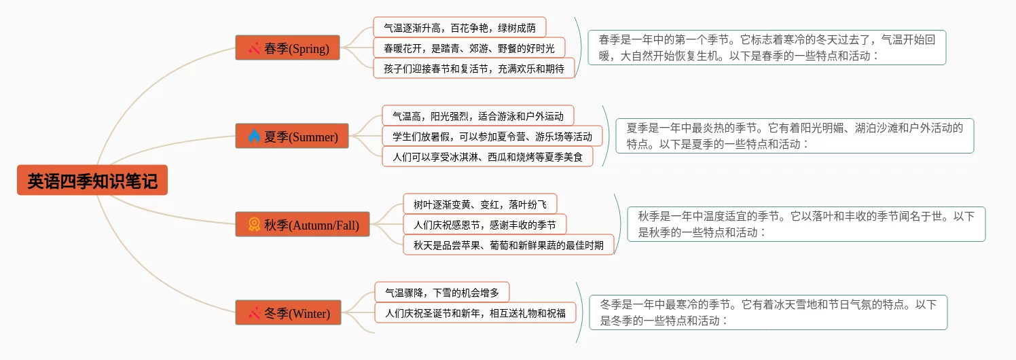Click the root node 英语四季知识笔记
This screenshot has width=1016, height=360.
92,181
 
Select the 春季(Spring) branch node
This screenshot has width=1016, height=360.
287,48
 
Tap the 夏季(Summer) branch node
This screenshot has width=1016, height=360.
292,137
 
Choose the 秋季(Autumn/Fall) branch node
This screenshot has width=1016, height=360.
302,224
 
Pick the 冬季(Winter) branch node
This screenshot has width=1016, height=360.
288,313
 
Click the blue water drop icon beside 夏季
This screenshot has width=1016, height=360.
254,137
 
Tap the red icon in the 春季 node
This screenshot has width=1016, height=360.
254,48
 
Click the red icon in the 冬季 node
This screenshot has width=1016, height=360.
254,313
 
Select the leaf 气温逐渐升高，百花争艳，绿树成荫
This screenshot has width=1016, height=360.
459,28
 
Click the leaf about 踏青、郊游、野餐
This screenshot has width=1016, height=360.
469,48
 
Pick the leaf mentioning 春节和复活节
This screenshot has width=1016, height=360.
473,69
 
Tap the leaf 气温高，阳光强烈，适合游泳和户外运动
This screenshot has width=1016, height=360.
477,116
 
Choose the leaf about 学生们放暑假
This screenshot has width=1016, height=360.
492,137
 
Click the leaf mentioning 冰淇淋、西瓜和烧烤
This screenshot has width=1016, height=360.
487,157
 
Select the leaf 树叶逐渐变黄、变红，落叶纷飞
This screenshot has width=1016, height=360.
479,204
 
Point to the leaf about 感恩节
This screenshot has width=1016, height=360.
484,224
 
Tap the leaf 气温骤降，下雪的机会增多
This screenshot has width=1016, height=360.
441,293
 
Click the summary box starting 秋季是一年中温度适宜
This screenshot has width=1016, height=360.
805,224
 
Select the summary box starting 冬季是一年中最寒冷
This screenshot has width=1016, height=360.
767,312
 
